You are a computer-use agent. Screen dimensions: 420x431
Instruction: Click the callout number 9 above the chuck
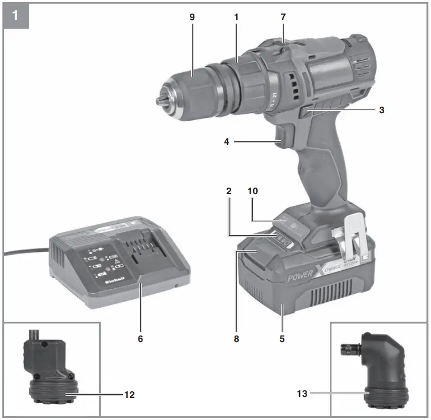click(x=192, y=17)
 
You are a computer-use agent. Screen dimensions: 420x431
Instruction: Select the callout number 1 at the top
click(x=236, y=17)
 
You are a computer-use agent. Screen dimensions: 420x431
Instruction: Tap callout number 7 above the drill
click(x=283, y=17)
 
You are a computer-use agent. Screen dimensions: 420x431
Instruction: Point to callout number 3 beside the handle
click(x=382, y=109)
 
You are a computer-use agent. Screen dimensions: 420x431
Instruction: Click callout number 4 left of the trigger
click(x=227, y=142)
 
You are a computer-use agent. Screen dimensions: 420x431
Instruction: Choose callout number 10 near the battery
click(x=252, y=191)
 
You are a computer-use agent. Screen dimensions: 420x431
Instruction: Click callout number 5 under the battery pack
click(x=282, y=339)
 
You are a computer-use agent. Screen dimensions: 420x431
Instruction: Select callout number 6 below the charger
click(x=140, y=339)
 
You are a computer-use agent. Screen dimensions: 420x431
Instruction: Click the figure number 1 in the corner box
click(x=15, y=15)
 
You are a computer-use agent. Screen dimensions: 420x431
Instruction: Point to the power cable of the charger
click(x=25, y=250)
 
